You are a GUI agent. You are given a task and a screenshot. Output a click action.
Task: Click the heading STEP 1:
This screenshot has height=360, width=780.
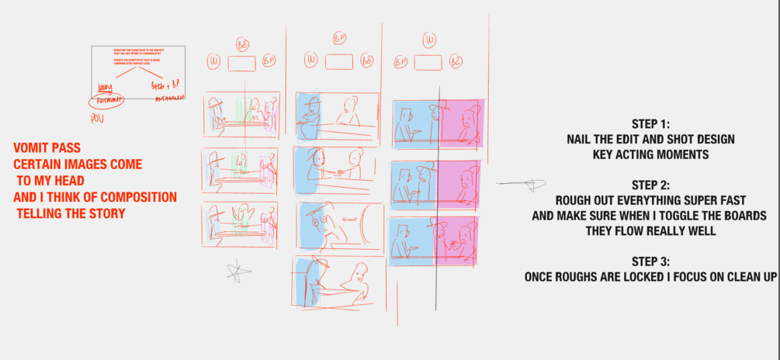coord(650,124)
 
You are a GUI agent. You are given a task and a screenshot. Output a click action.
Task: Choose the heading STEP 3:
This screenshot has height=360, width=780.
coord(650,261)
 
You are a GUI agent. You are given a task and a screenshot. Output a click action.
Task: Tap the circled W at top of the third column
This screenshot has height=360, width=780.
coord(428,39)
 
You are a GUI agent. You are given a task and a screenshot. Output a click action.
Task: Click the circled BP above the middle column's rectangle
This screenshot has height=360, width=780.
coord(338,37)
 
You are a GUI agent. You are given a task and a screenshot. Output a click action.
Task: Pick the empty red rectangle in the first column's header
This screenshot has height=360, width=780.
coord(241,64)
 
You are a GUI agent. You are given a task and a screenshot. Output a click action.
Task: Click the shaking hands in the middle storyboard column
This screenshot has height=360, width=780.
coord(338,170)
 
